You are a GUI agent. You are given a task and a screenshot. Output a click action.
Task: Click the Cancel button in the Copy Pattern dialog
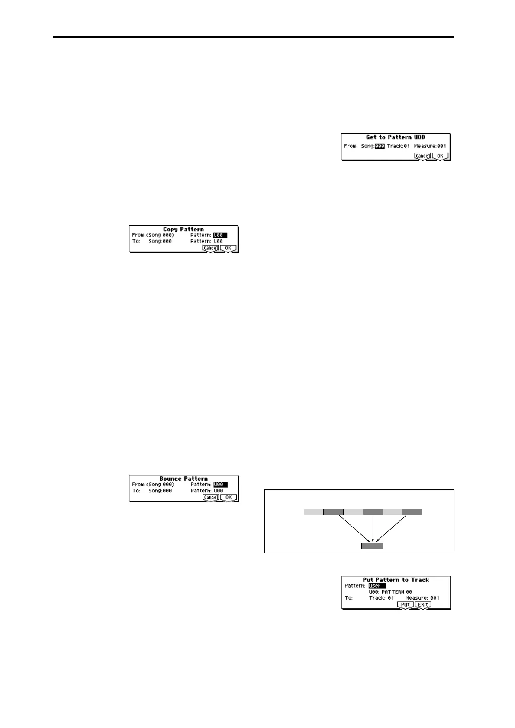pyautogui.click(x=210, y=248)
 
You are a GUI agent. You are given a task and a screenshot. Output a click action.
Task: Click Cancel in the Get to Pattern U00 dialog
pyautogui.click(x=422, y=156)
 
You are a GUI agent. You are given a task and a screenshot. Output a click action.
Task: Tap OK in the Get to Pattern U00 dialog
pyautogui.click(x=440, y=156)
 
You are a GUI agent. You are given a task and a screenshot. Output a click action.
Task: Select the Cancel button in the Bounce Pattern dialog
pyautogui.click(x=210, y=498)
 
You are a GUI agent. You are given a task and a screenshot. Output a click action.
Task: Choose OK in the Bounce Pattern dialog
pyautogui.click(x=228, y=498)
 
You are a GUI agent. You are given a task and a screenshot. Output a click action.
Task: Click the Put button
pyautogui.click(x=405, y=605)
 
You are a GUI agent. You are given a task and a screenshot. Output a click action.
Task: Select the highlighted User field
pyautogui.click(x=377, y=586)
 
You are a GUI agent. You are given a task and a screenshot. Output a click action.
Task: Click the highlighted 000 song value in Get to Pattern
pyautogui.click(x=380, y=146)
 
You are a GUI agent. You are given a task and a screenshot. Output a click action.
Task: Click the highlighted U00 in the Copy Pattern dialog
pyautogui.click(x=220, y=235)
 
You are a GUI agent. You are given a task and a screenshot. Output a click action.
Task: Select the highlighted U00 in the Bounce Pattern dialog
pyautogui.click(x=220, y=485)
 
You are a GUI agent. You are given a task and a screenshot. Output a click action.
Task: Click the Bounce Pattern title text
pyautogui.click(x=183, y=479)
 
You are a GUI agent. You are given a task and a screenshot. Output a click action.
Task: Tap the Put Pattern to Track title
pyautogui.click(x=396, y=580)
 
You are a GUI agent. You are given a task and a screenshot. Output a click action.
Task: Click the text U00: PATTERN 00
pyautogui.click(x=390, y=592)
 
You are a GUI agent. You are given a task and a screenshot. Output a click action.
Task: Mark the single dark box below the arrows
pyautogui.click(x=372, y=546)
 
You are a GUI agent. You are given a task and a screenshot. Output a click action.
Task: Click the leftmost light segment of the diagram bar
pyautogui.click(x=313, y=512)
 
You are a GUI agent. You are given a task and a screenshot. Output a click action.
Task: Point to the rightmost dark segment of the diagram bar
pyautogui.click(x=412, y=512)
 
